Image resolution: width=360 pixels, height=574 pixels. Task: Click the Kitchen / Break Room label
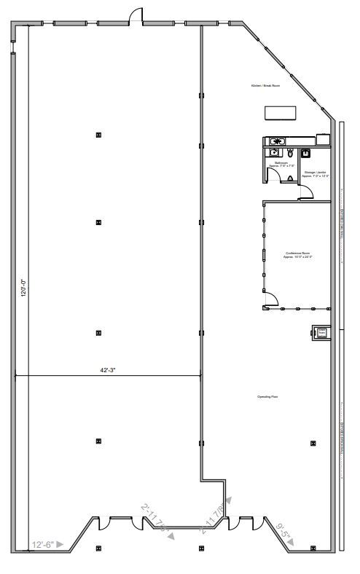tap(265, 86)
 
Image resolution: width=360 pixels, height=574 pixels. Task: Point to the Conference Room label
tap(297, 255)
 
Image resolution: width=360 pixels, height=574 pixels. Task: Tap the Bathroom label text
tap(281, 164)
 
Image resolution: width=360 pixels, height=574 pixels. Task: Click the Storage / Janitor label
tap(316, 174)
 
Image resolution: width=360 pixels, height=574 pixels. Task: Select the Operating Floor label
tap(267, 397)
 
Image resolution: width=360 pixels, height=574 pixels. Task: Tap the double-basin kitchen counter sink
tap(278, 141)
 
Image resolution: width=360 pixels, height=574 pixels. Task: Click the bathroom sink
tap(273, 153)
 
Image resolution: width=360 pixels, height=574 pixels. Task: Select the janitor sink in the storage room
tap(306, 154)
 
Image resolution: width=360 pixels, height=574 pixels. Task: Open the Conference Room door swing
tap(270, 299)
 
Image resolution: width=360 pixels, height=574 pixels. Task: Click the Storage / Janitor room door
tap(307, 191)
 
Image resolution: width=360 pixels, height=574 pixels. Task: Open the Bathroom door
tap(291, 177)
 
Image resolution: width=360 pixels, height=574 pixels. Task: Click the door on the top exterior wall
tap(136, 16)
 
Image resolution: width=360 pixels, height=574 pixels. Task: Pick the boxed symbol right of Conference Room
tap(320, 333)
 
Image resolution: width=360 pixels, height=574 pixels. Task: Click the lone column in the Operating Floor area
tap(313, 442)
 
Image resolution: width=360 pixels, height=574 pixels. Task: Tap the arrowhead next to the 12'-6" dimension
tap(61, 543)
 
